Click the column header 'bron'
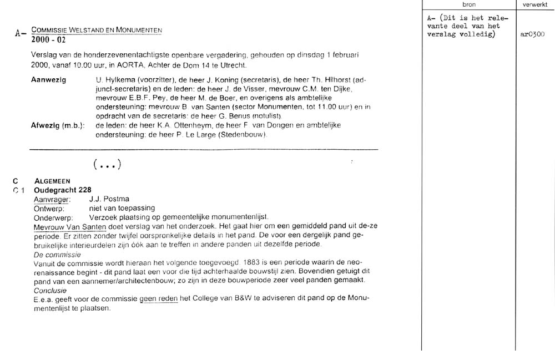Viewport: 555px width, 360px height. [469, 4]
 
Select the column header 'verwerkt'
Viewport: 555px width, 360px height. [534, 4]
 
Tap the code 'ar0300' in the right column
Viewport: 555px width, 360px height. [532, 34]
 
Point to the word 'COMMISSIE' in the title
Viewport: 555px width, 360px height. [50, 29]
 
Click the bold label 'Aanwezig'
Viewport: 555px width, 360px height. [49, 80]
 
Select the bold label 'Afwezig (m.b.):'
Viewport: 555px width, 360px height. [58, 125]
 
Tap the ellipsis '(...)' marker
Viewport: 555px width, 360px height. [107, 164]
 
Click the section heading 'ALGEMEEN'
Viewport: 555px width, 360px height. [52, 181]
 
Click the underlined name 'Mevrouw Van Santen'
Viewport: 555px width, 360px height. [70, 226]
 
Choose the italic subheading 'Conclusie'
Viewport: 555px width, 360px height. [51, 290]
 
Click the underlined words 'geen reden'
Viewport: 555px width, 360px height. [159, 298]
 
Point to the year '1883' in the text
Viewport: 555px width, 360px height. [255, 262]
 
